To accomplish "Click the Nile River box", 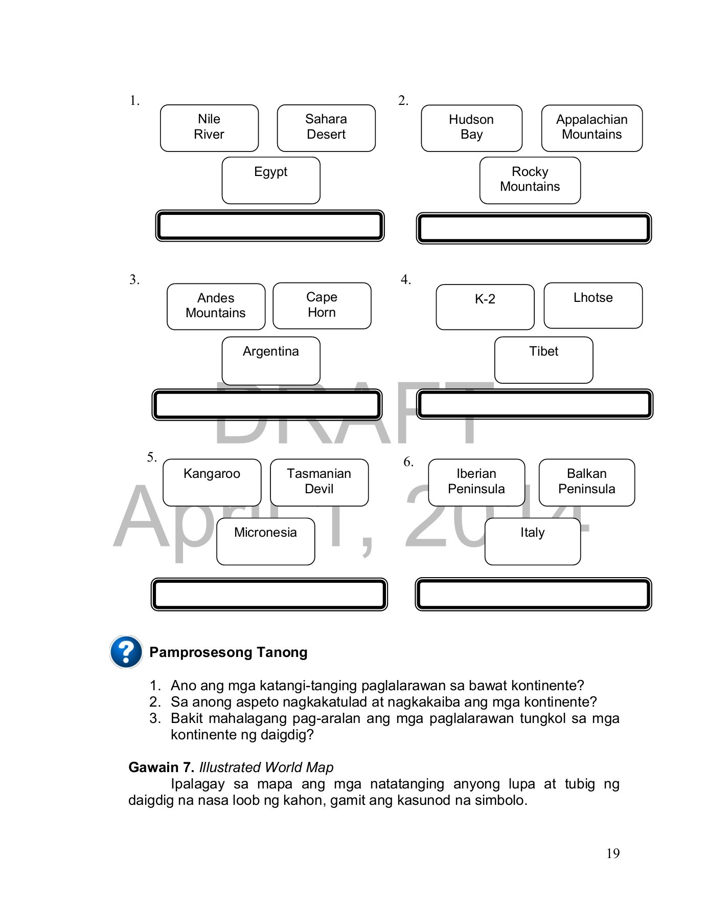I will [209, 128].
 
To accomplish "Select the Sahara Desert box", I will [326, 128].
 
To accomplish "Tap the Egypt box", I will [271, 180].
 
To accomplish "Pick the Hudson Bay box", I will [471, 128].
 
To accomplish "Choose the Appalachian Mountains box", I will [591, 128].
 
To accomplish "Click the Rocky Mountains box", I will [530, 180].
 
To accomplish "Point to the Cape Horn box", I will [322, 305].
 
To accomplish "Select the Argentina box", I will [271, 360].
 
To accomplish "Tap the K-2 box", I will [485, 307].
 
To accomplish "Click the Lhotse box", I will [593, 305].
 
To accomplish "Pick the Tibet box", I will [543, 360].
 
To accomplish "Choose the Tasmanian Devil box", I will [319, 482].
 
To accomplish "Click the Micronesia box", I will [265, 541].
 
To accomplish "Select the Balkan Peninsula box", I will [586, 482].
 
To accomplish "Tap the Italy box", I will [532, 541].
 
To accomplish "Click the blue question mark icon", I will [126, 652].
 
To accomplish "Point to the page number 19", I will [612, 853].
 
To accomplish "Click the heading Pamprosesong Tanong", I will [228, 652].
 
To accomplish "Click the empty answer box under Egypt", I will [269, 226].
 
